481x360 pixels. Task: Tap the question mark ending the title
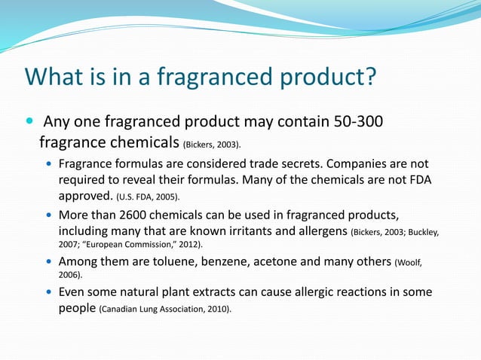tap(369, 78)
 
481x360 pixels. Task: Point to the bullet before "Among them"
tap(50, 261)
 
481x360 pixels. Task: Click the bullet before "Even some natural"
tap(50, 291)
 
